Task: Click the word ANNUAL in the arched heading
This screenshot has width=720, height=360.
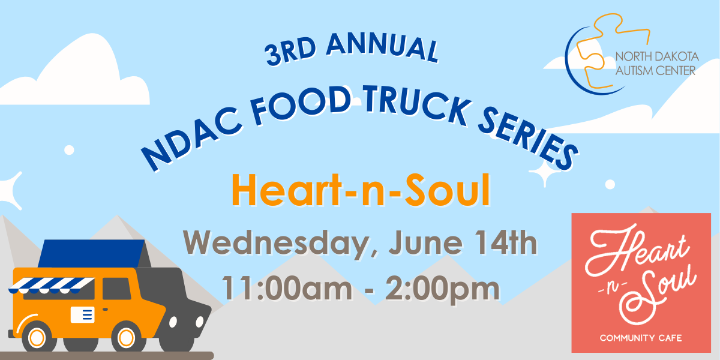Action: pos(383,47)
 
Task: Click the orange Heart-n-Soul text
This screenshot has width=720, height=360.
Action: pos(361,190)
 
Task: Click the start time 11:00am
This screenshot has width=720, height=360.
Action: pos(287,288)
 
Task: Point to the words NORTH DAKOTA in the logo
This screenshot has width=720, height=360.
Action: pos(657,56)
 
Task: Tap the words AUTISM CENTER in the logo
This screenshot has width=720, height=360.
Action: pos(655,70)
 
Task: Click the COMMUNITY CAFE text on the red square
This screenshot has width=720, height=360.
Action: pos(641,338)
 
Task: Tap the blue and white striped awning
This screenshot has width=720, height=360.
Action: pos(52,286)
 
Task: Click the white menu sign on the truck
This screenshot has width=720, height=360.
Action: pos(83,314)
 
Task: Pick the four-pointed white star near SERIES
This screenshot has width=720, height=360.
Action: pos(545,173)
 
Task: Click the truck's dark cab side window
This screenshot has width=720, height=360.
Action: pos(116,289)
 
